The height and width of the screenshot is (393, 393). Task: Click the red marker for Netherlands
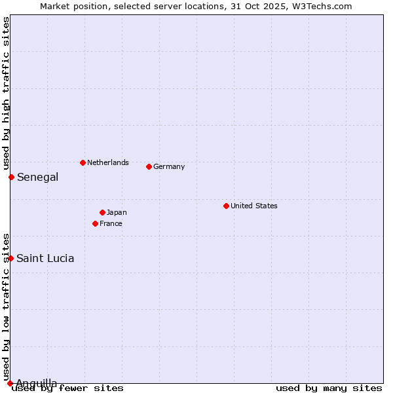pyautogui.click(x=83, y=162)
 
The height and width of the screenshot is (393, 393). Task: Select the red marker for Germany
pyautogui.click(x=149, y=166)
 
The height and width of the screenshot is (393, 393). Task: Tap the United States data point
pyautogui.click(x=226, y=206)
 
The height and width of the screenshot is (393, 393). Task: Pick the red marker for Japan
pyautogui.click(x=102, y=212)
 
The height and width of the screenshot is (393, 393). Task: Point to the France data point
pyautogui.click(x=95, y=223)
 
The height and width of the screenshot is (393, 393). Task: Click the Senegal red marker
pyautogui.click(x=11, y=177)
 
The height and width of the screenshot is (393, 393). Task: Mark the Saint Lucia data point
pyautogui.click(x=10, y=258)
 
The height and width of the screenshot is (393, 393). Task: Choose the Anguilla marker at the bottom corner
pyautogui.click(x=10, y=383)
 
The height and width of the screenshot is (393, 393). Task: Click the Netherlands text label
pyautogui.click(x=108, y=162)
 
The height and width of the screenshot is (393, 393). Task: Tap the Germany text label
pyautogui.click(x=169, y=166)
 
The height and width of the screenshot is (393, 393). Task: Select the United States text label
pyautogui.click(x=254, y=206)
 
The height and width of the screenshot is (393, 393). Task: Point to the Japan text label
pyautogui.click(x=117, y=212)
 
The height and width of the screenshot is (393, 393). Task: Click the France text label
pyautogui.click(x=111, y=223)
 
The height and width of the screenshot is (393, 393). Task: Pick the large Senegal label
pyautogui.click(x=38, y=177)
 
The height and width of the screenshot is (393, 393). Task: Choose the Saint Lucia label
pyautogui.click(x=45, y=258)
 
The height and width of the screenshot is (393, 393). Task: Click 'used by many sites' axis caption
pyautogui.click(x=329, y=388)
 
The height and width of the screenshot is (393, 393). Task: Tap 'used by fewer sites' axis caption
pyautogui.click(x=68, y=388)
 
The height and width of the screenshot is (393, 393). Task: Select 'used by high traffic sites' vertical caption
pyautogui.click(x=6, y=94)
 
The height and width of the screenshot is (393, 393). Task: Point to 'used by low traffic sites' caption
pyautogui.click(x=6, y=307)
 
